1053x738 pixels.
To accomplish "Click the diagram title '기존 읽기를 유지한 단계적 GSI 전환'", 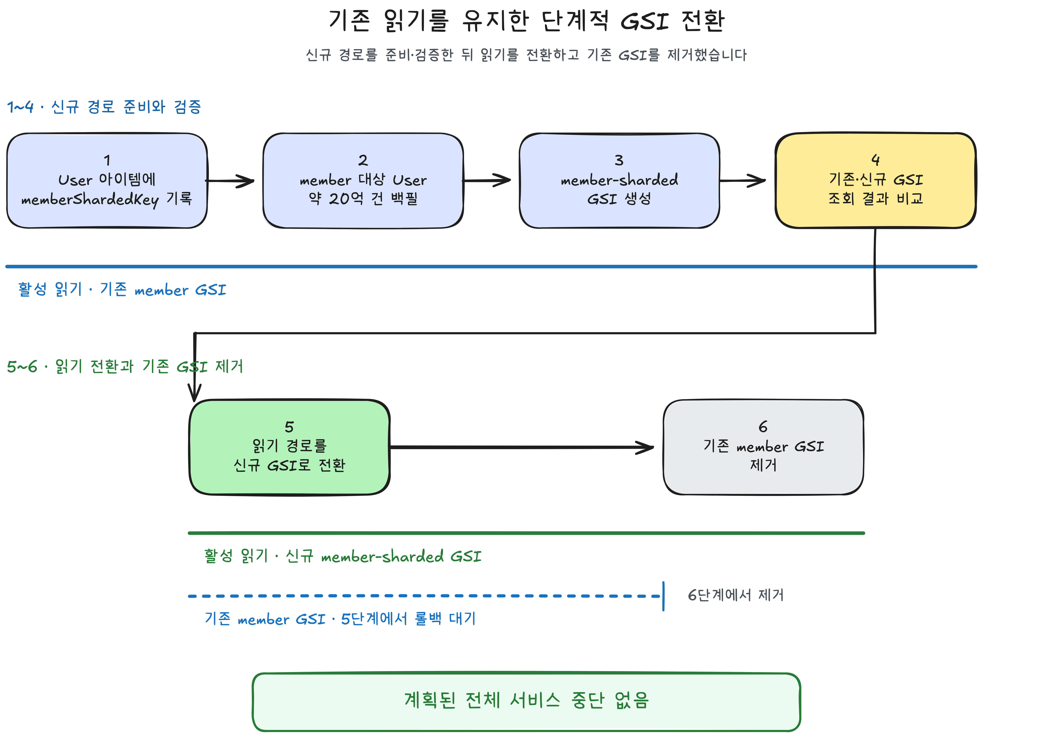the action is tap(526, 21).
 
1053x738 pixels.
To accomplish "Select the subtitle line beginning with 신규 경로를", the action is tap(526, 55).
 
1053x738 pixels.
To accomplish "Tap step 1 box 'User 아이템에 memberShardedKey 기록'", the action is tap(107, 181).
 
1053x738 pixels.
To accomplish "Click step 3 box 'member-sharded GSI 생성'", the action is tap(619, 181).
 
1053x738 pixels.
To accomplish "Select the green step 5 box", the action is tap(289, 447).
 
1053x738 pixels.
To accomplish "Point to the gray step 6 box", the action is tap(763, 447).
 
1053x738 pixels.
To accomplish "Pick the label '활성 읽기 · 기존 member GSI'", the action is tap(122, 289).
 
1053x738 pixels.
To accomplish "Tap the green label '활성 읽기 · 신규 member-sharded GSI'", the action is tap(343, 556).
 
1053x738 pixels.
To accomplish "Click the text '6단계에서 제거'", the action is tap(736, 595).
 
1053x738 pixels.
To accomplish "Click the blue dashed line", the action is tap(424, 596).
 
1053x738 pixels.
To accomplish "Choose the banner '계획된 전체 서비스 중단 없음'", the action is tap(526, 701).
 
